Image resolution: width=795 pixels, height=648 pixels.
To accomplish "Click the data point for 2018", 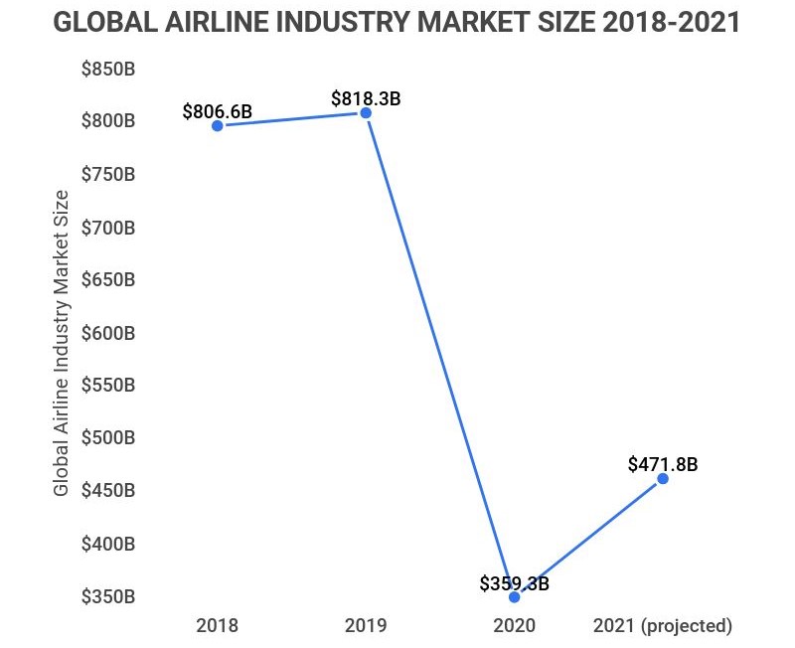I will (218, 125).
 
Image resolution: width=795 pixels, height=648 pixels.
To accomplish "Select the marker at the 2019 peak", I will (366, 113).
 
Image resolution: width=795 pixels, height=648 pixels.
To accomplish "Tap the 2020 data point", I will (514, 597).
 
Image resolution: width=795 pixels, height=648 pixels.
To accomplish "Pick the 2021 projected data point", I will (663, 479).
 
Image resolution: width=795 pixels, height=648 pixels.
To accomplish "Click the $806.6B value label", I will (217, 111).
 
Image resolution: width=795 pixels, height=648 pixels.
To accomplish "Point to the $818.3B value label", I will (366, 99).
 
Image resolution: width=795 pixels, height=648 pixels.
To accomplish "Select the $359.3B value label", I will (514, 583).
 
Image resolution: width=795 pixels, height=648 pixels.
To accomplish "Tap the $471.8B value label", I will (663, 464).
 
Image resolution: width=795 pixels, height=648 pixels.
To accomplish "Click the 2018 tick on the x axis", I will (218, 626).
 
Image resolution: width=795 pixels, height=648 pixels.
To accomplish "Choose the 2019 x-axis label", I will (366, 626).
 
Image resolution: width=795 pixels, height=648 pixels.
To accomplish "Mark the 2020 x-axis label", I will (514, 626).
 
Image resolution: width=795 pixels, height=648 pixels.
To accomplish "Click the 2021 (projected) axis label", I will (662, 626).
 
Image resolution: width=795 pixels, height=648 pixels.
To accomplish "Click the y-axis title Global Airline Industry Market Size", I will (62, 342).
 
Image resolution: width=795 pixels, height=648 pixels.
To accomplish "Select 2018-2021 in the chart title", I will (659, 23).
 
